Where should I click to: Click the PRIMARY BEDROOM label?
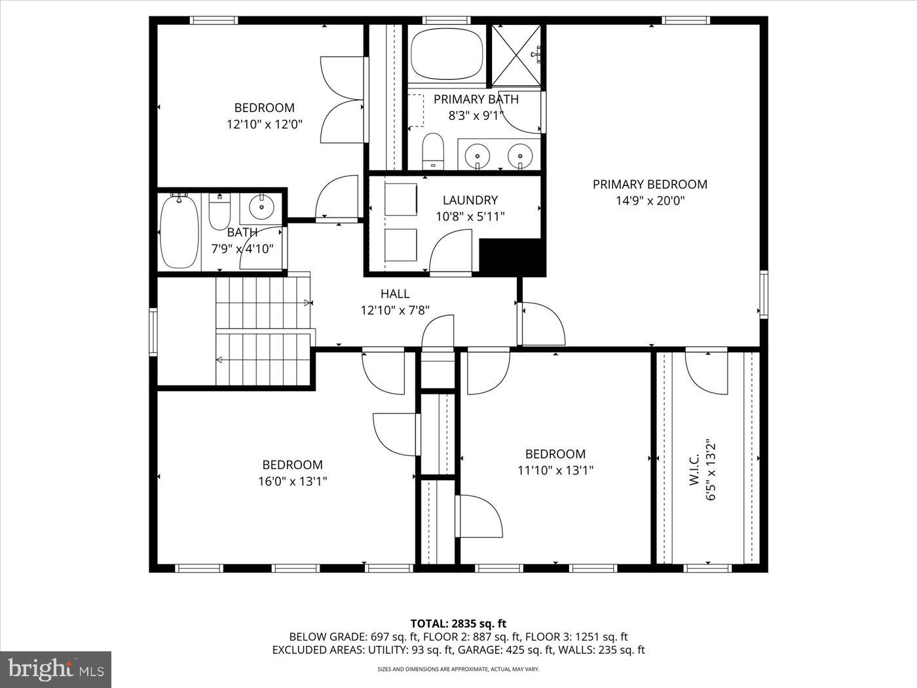650,185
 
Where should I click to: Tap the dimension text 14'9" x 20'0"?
650,201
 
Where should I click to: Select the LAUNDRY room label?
470,201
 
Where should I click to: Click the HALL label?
395,294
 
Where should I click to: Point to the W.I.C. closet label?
695,470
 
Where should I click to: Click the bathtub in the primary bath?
447,53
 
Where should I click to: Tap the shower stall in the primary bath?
517,55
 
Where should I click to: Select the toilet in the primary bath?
433,150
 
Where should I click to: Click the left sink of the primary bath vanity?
477,155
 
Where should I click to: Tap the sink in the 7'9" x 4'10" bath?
262,207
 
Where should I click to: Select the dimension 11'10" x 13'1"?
555,470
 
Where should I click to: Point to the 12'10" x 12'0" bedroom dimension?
265,124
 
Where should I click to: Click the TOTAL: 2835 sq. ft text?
458,623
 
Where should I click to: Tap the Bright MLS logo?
56,669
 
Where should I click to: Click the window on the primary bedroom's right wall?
763,294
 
